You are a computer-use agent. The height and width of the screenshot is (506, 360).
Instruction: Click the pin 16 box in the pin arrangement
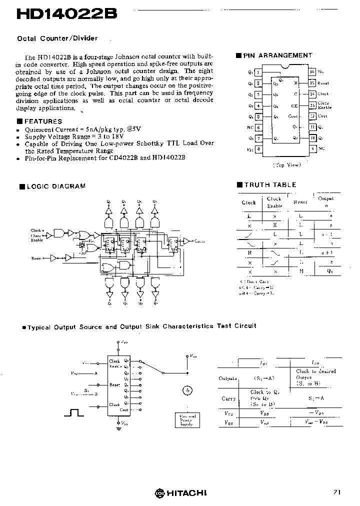point(312,72)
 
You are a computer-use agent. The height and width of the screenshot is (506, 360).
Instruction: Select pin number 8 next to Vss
point(258,148)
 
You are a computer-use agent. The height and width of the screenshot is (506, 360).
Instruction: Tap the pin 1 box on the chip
point(258,72)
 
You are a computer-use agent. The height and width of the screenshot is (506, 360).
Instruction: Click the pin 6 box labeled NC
point(258,127)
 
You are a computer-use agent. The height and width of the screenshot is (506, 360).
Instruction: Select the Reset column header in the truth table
point(300,202)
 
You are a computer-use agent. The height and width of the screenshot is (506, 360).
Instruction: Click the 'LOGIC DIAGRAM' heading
point(52,186)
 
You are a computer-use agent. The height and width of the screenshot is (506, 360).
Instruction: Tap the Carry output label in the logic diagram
point(199,241)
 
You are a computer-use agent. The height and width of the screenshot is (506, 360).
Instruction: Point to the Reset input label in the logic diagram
point(36,258)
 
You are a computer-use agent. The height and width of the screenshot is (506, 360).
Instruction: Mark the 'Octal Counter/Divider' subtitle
point(57,38)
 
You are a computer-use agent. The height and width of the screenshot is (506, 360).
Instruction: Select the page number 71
point(337,492)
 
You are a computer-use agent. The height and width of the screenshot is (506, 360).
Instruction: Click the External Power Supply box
point(186,419)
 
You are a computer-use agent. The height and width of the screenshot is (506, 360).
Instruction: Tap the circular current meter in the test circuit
point(186,390)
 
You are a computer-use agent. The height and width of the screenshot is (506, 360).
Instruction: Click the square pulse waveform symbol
point(73,412)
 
